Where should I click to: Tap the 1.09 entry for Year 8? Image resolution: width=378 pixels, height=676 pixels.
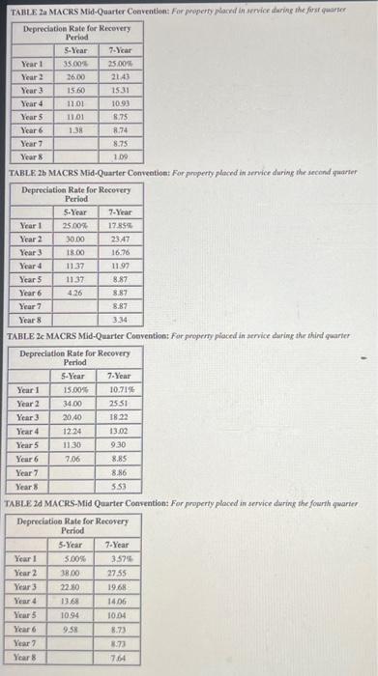pos(120,156)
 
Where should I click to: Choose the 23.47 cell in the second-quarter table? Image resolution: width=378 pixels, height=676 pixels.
pos(121,239)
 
